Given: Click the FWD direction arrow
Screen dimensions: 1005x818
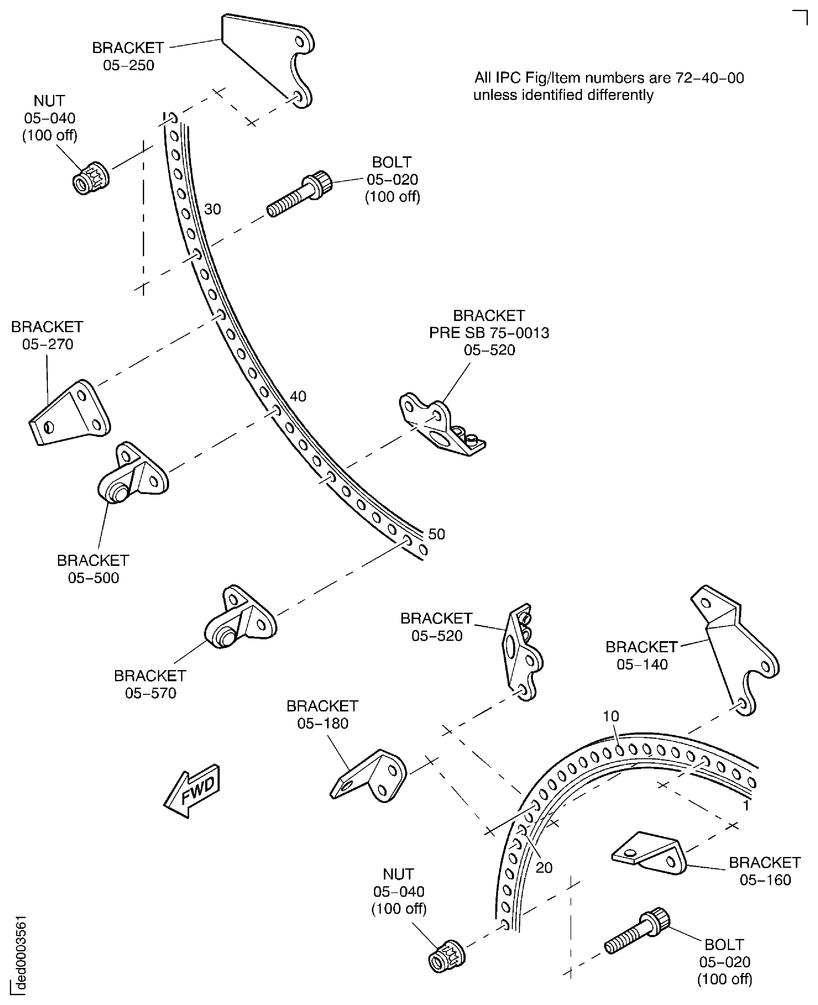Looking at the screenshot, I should pyautogui.click(x=192, y=791).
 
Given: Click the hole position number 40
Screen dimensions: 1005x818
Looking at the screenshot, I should pyautogui.click(x=298, y=396).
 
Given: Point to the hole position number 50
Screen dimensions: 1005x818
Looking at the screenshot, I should pyautogui.click(x=436, y=534).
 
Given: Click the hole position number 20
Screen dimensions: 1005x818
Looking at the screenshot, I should pyautogui.click(x=544, y=867).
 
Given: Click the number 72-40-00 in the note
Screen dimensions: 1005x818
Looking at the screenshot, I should pyautogui.click(x=710, y=78).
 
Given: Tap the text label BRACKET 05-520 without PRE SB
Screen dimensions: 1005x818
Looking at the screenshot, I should pyautogui.click(x=436, y=627).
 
